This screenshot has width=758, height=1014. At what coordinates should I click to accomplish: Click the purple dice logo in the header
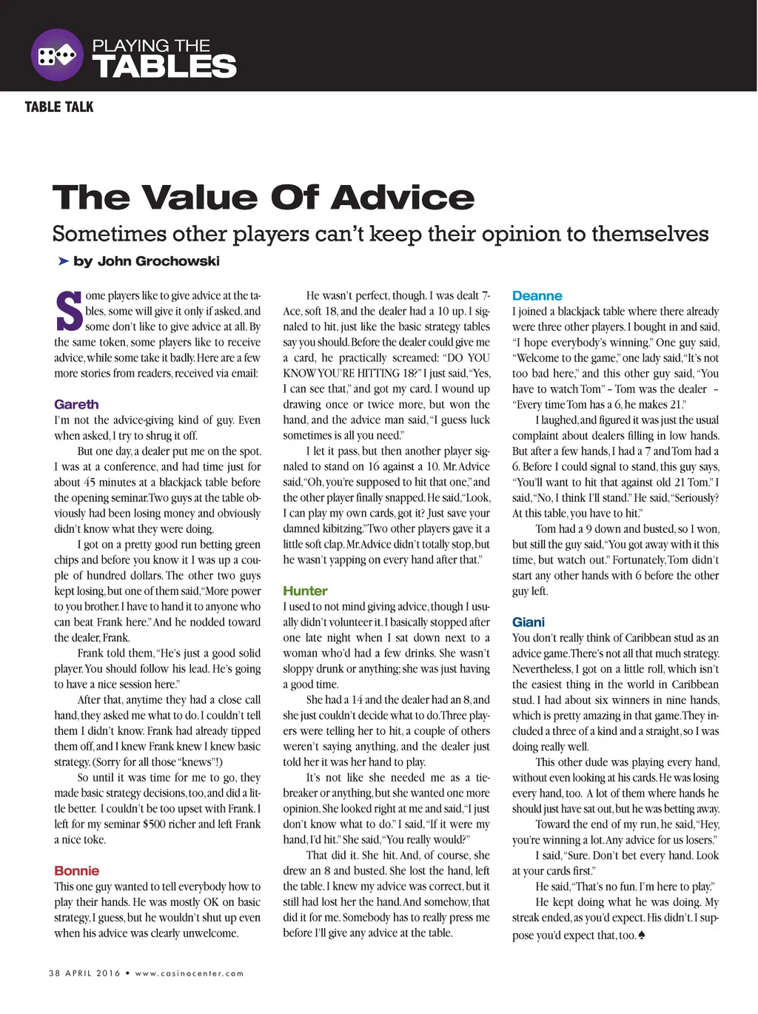tap(57, 55)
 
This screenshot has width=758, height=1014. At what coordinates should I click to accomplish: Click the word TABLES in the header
tap(164, 67)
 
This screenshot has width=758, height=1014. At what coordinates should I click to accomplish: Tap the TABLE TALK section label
tap(59, 107)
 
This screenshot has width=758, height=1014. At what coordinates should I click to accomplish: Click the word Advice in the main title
tap(403, 198)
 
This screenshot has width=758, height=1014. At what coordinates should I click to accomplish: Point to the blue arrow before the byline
tap(63, 261)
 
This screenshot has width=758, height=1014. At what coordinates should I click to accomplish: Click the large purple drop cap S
tap(68, 312)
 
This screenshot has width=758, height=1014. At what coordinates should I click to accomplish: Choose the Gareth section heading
tap(76, 404)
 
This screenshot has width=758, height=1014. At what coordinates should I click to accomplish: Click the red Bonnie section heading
tap(76, 870)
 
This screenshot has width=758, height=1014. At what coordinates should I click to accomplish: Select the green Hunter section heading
tap(305, 591)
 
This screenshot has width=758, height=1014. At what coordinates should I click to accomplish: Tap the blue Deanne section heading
tap(537, 295)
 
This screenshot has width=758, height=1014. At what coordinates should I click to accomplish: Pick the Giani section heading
tap(529, 622)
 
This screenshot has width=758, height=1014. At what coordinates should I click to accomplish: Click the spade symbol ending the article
tap(641, 935)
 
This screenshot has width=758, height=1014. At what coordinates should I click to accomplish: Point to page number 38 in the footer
tap(54, 973)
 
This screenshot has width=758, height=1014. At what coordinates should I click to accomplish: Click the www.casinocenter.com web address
tap(189, 973)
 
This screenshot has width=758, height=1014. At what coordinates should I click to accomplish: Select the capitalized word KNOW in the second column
tap(300, 373)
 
